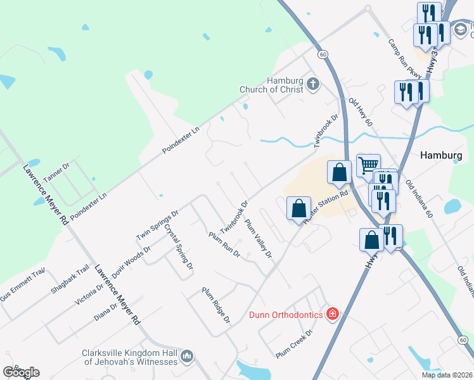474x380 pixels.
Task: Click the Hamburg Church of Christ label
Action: [x=271, y=85]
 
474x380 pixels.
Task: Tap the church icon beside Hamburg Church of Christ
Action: [x=312, y=84]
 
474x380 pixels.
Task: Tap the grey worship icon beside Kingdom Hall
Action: [x=186, y=358]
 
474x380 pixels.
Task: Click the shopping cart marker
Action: [x=368, y=166]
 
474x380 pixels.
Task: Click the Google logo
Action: [x=21, y=372]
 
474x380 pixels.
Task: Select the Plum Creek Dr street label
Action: [x=295, y=343]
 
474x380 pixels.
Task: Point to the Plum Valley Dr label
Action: [x=258, y=238]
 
